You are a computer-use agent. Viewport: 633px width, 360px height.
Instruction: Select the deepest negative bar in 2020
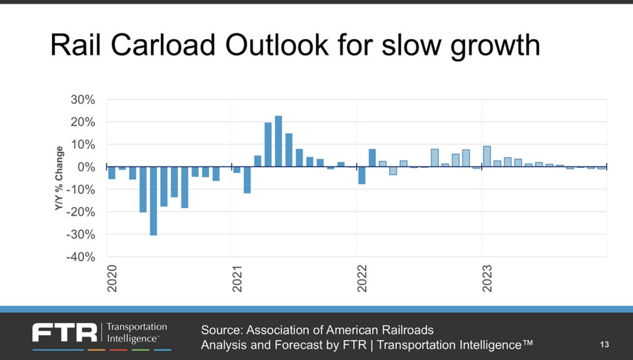[x=153, y=201]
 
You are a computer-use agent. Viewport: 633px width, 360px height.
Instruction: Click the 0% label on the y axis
[x=87, y=167]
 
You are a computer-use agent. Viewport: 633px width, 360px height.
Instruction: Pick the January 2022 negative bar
[x=362, y=176]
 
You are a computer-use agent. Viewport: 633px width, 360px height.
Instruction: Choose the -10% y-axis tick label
[x=82, y=189]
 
